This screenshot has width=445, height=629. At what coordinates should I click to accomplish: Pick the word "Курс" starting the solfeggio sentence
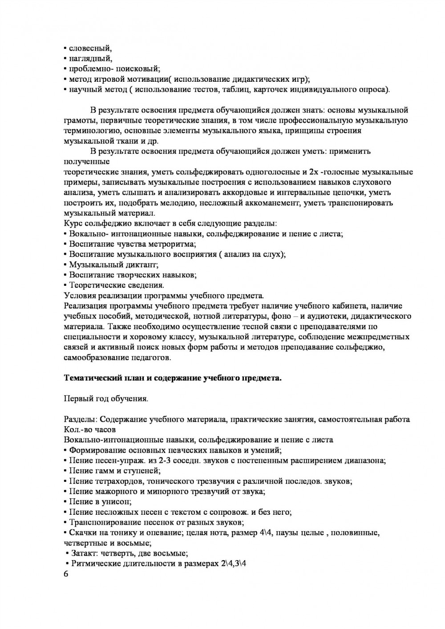(x=73, y=224)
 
